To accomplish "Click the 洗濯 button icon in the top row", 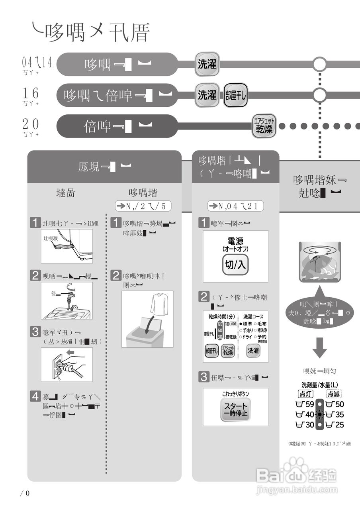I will [207, 64].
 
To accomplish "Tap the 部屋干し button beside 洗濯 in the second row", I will [236, 95].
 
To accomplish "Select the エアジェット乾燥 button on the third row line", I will [264, 126].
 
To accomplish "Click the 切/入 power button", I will [235, 265].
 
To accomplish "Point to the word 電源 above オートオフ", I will [235, 241].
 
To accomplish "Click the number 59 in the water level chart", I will [309, 404].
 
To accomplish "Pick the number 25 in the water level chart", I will [339, 425].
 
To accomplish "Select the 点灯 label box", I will [306, 394].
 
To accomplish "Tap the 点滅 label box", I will [334, 394].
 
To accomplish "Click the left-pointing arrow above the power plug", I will [73, 352].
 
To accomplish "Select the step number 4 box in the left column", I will [36, 396].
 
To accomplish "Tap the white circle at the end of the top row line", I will [319, 64].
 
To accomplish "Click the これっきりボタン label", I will [235, 394].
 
